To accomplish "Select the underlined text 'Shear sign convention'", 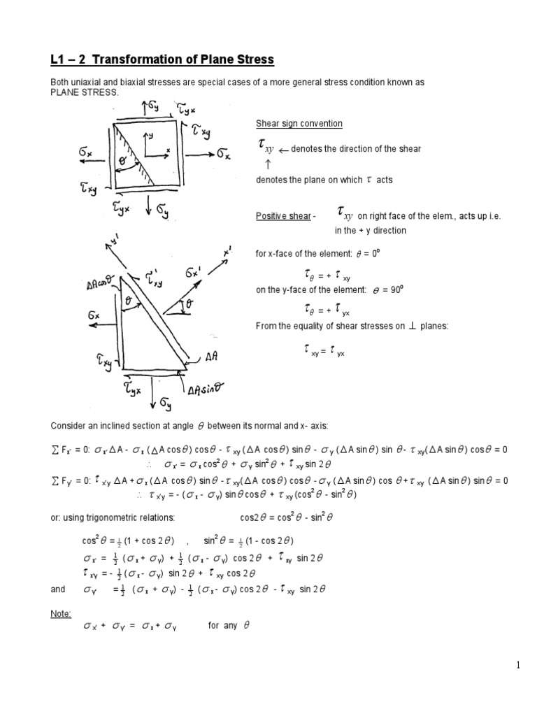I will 299,124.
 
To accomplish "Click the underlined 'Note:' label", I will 61,613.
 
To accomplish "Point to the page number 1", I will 518,666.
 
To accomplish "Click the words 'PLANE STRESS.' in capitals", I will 85,92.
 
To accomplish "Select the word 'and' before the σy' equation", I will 58,589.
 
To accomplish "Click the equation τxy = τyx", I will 324,353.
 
